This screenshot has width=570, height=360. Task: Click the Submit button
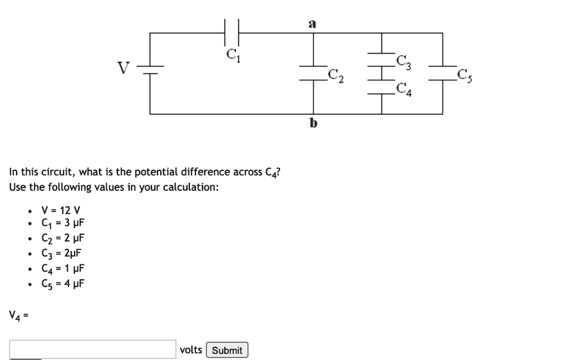(227, 350)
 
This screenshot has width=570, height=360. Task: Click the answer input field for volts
(92, 349)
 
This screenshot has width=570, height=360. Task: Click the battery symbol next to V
(150, 70)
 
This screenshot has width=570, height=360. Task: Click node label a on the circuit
(312, 23)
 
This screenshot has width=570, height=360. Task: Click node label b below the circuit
(313, 124)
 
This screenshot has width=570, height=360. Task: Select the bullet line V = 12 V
(61, 210)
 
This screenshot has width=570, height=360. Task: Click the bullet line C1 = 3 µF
(62, 224)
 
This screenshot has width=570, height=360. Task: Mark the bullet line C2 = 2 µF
(62, 239)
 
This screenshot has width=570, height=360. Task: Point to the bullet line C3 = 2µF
(61, 254)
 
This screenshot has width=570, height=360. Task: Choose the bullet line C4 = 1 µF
(62, 269)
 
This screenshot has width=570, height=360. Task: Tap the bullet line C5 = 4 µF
(62, 283)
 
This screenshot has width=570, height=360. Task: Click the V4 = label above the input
(18, 316)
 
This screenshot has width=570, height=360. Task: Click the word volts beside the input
(191, 349)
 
